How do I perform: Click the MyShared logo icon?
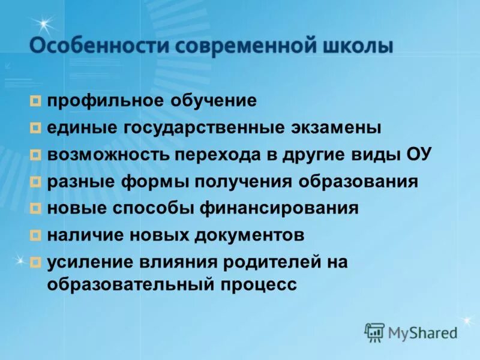(374, 332)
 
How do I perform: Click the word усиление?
(90, 262)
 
